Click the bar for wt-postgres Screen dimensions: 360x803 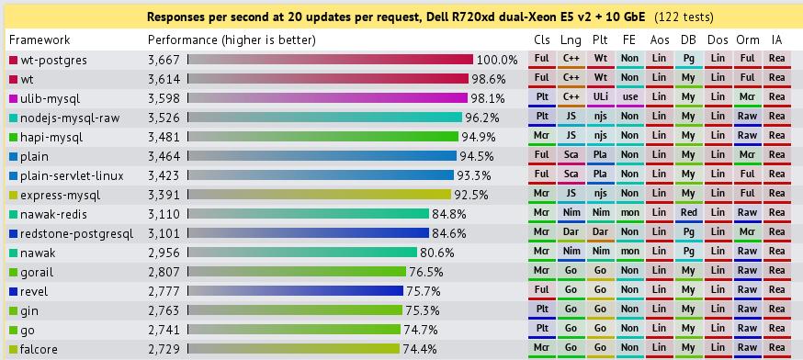tap(330, 60)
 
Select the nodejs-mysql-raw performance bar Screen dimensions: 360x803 tap(324, 118)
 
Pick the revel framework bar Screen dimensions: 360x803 tap(295, 291)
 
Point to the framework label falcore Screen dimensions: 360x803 tap(39, 349)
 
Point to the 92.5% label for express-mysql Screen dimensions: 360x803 tap(471, 195)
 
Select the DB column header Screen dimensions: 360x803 tap(688, 40)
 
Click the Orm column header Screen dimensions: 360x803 tap(747, 40)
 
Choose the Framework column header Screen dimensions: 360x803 tap(40, 40)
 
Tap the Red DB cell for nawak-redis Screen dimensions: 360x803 tap(688, 214)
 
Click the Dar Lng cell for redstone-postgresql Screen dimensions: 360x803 tap(571, 233)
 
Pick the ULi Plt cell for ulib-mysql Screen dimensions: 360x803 tap(600, 98)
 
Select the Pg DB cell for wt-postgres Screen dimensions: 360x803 tap(688, 60)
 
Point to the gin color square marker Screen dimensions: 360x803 tap(13, 310)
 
